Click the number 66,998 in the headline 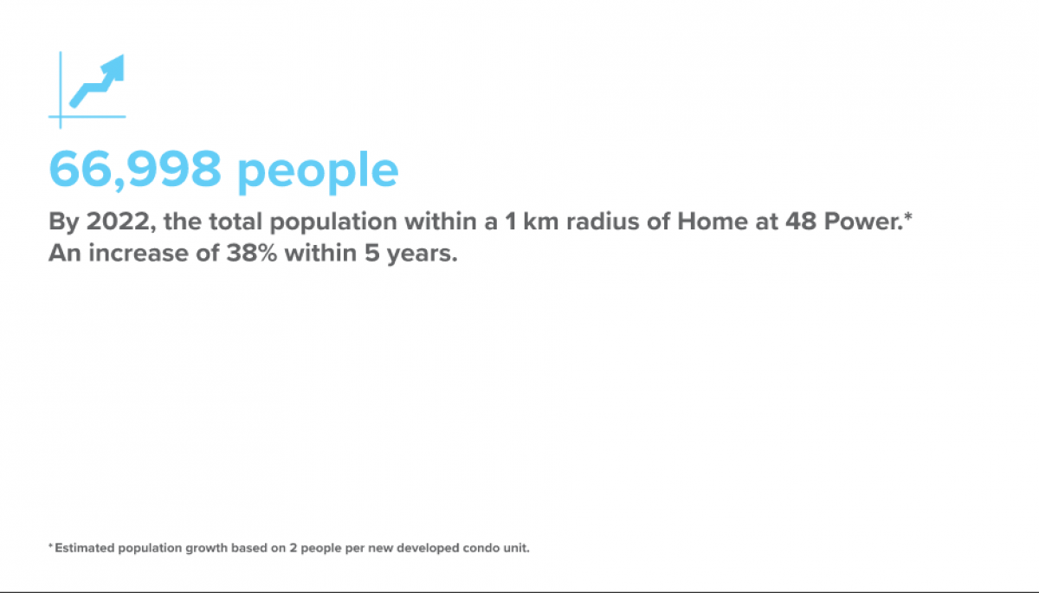[x=134, y=169]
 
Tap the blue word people [x=318, y=171]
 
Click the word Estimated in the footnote [x=81, y=548]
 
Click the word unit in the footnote [x=512, y=548]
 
